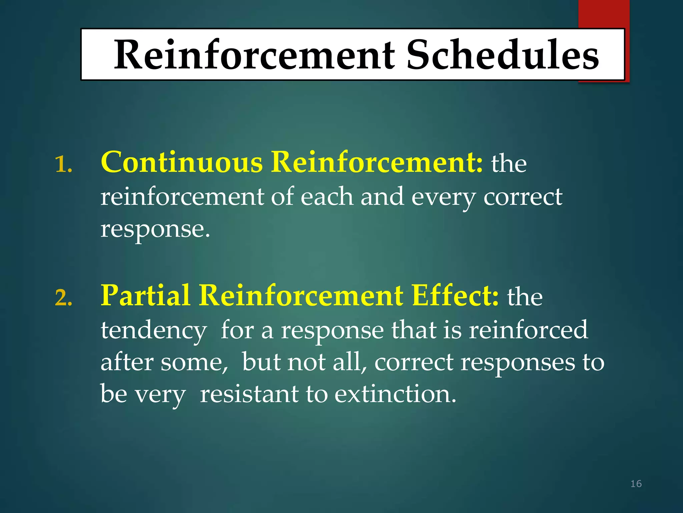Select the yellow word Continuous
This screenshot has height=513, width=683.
(x=182, y=162)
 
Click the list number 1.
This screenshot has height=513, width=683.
(x=63, y=165)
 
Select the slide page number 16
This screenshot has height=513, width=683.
(x=636, y=484)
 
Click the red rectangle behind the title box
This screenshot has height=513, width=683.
(x=604, y=13)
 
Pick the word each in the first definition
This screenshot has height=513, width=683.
(x=326, y=197)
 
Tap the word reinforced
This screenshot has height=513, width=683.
(x=528, y=330)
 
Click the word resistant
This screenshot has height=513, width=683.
(x=249, y=394)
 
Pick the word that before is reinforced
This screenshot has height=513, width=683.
(x=414, y=330)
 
